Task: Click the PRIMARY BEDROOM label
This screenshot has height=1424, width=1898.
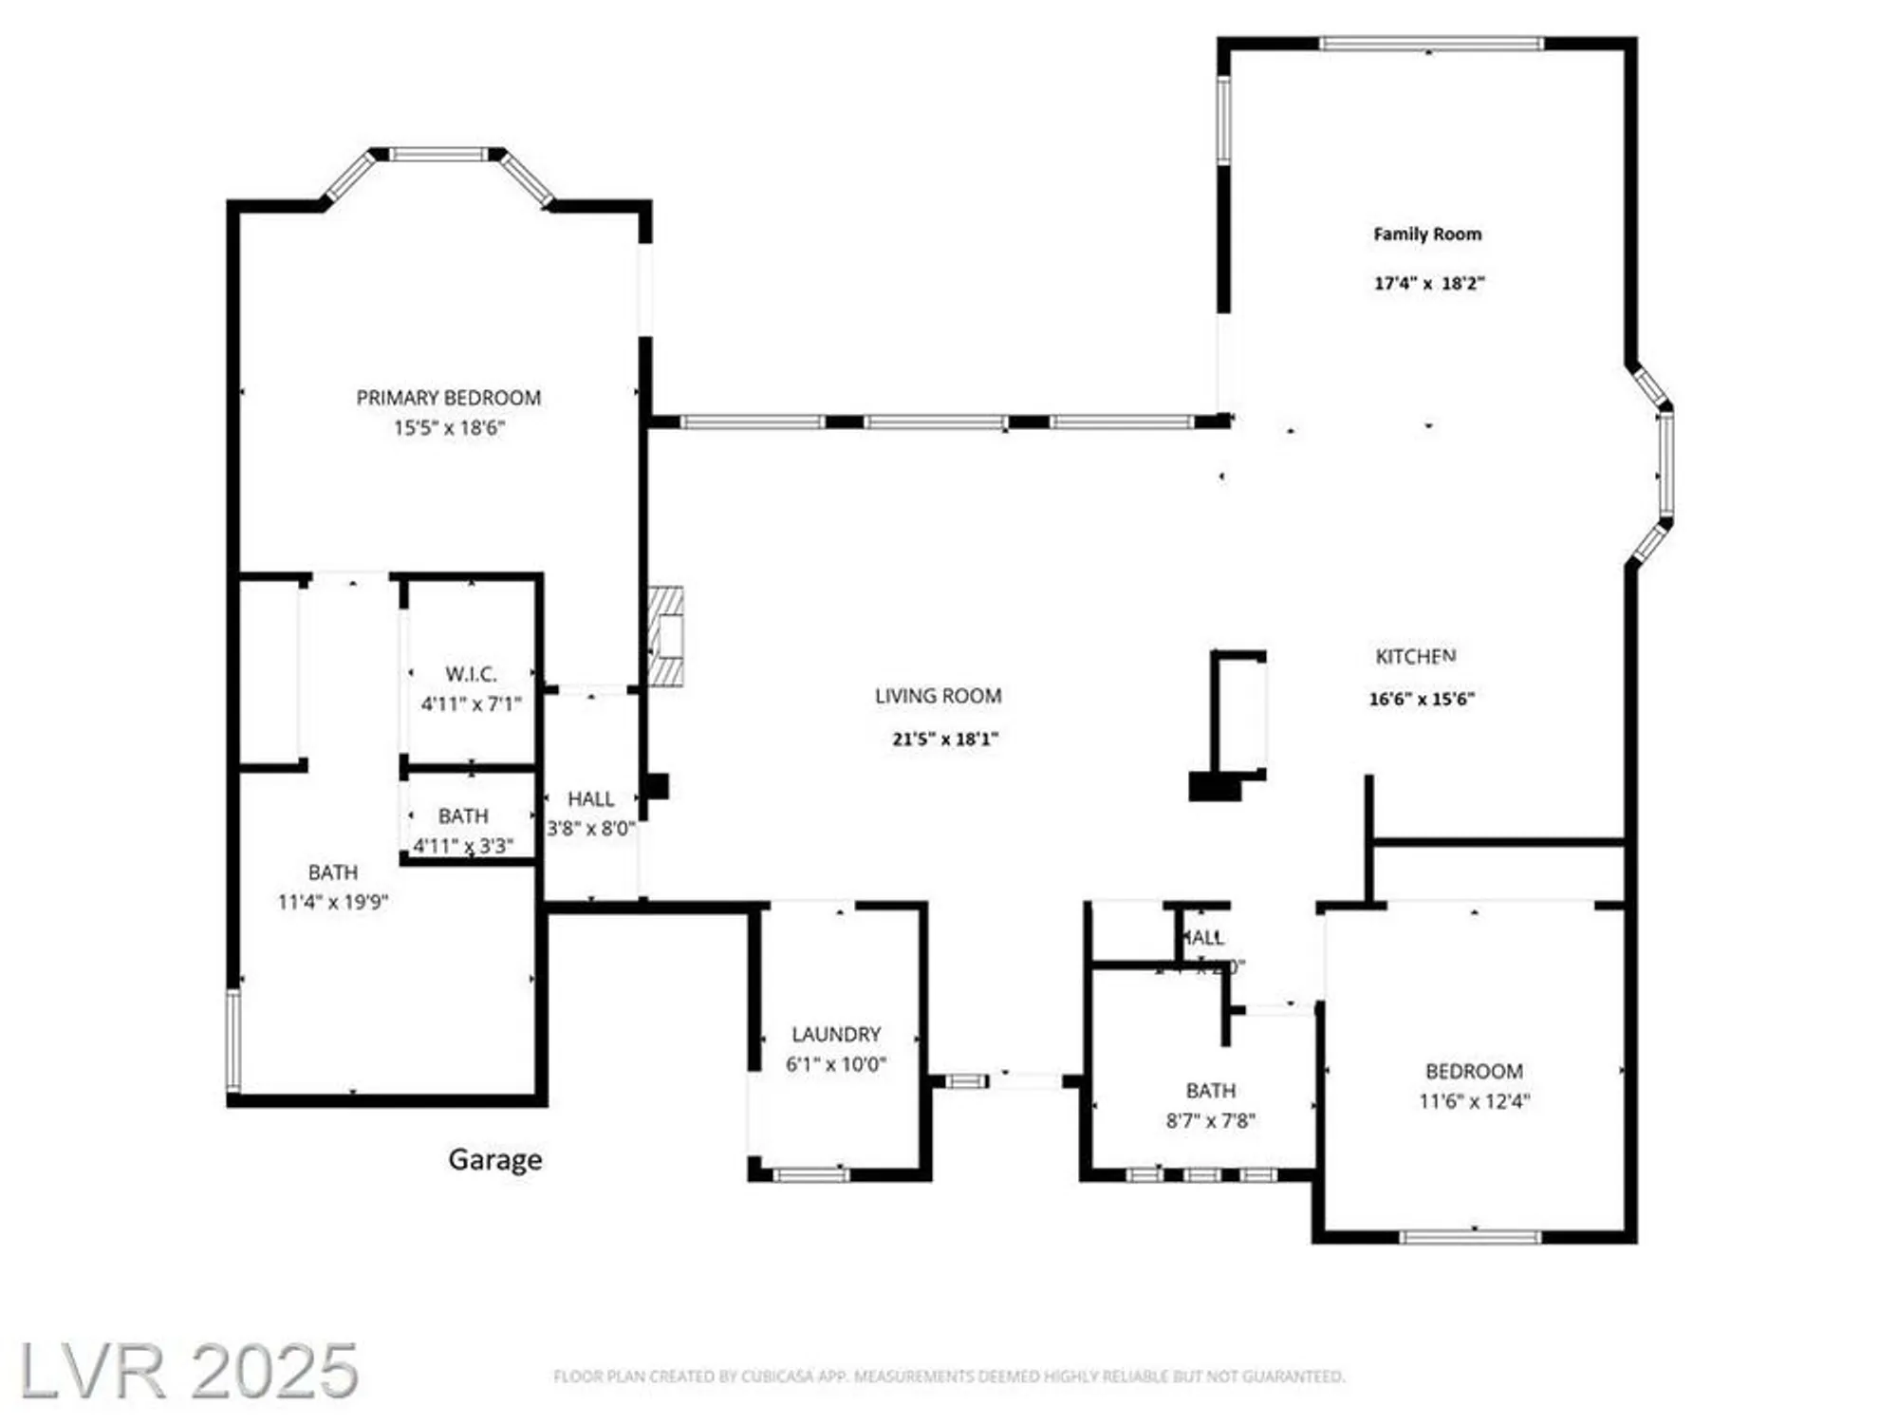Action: point(448,398)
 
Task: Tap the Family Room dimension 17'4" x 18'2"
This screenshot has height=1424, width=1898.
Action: point(1428,283)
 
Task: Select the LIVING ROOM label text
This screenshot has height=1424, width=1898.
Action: point(938,696)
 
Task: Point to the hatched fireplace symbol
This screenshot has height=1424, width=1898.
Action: point(666,636)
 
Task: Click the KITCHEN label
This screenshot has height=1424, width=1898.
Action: point(1415,656)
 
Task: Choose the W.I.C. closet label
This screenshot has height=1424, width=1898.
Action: point(471,674)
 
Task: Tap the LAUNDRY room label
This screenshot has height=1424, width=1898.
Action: point(836,1034)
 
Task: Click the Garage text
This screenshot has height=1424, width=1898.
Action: point(494,1159)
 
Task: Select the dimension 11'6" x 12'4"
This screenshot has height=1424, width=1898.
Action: point(1474,1101)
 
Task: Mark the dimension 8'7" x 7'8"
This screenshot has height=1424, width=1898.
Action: point(1210,1120)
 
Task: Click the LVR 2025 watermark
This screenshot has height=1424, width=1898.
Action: point(189,1371)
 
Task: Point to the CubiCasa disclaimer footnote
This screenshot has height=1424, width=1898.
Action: point(948,1376)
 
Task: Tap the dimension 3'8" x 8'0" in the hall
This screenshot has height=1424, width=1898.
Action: point(590,828)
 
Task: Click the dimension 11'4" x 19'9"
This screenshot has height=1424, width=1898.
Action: point(332,902)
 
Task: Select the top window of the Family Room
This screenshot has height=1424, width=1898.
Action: point(1430,44)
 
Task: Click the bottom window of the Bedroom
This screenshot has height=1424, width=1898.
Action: point(1470,1236)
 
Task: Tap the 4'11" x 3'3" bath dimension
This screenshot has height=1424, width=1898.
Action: point(463,845)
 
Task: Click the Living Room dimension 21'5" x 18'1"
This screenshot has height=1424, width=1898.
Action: point(944,739)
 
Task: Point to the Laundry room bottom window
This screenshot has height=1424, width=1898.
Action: point(810,1175)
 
